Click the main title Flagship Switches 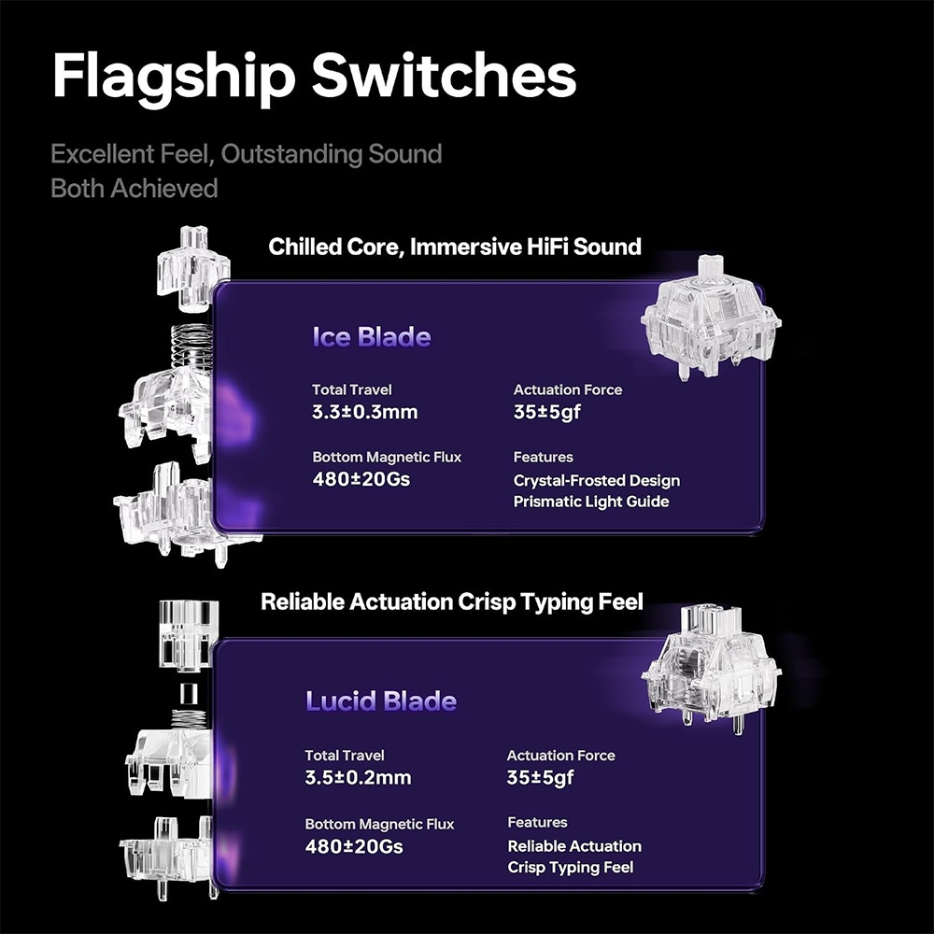pyautogui.click(x=314, y=77)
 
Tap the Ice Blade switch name pyautogui.click(x=372, y=337)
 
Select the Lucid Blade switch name pyautogui.click(x=381, y=701)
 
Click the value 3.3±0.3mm pyautogui.click(x=364, y=412)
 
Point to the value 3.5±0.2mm pyautogui.click(x=358, y=777)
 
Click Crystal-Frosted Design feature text pyautogui.click(x=596, y=481)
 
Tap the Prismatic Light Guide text pyautogui.click(x=591, y=502)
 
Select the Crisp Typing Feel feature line pyautogui.click(x=570, y=868)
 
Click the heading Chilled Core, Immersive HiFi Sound pyautogui.click(x=455, y=247)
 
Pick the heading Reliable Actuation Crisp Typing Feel pyautogui.click(x=452, y=601)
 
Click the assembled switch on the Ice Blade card pyautogui.click(x=711, y=318)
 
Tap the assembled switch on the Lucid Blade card pyautogui.click(x=711, y=669)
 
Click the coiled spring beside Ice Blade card pyautogui.click(x=191, y=347)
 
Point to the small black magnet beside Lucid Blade pyautogui.click(x=189, y=693)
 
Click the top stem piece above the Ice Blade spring pyautogui.click(x=191, y=268)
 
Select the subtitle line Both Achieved pyautogui.click(x=134, y=189)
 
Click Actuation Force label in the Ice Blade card pyautogui.click(x=568, y=389)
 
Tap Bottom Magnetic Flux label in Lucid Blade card pyautogui.click(x=379, y=824)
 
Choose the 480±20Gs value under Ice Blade pyautogui.click(x=361, y=479)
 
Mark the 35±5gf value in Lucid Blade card pyautogui.click(x=540, y=777)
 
